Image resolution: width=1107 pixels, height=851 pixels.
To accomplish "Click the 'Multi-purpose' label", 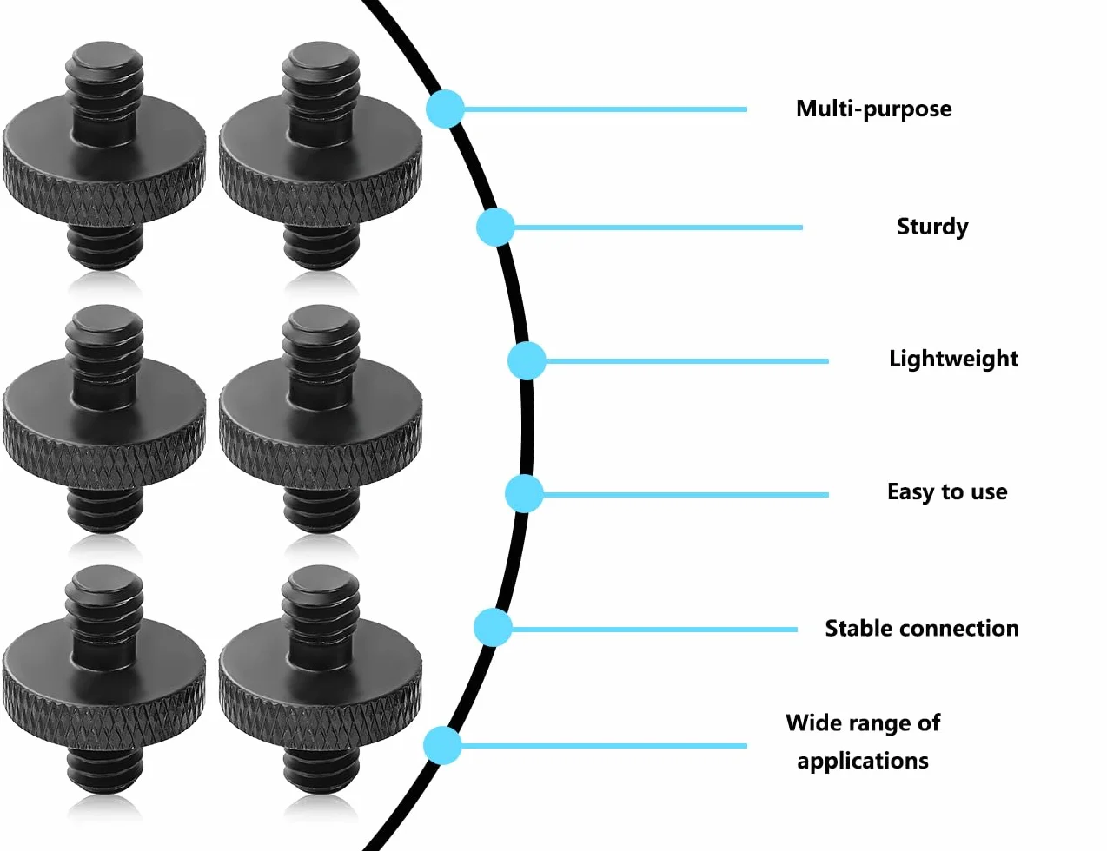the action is point(873,109).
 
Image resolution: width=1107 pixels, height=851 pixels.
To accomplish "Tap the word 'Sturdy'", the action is point(932,227).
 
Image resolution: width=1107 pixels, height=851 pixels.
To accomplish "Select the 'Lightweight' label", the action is point(954,360).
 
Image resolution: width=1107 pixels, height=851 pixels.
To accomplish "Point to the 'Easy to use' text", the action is point(947,492).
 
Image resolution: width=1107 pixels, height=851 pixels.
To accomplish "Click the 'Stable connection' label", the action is point(922,629).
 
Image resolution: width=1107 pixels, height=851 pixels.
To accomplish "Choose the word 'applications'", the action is point(863,762).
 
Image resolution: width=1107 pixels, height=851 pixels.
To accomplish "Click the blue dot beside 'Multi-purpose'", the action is point(445,109).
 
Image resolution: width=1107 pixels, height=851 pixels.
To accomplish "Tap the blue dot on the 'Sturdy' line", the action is point(495,227).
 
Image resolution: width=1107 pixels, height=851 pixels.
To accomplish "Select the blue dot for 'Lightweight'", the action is point(527,361).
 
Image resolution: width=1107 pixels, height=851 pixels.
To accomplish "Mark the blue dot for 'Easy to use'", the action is point(524,494).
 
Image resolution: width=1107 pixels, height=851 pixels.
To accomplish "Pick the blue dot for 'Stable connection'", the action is point(493,628).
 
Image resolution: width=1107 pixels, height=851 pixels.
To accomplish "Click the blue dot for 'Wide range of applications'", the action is point(442,746).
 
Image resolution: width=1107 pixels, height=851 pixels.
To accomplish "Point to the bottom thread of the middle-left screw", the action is point(105,510).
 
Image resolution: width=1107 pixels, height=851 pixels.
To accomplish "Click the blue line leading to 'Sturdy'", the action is point(658,228).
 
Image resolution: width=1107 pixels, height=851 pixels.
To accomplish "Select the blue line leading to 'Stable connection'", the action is point(654,630).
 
